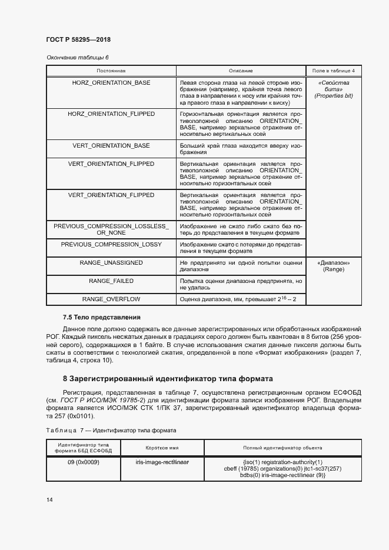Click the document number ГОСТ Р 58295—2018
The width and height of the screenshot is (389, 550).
[78, 39]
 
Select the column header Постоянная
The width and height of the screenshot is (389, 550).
[111, 71]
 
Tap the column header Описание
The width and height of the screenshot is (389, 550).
[241, 71]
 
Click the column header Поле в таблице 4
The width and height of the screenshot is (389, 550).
[333, 71]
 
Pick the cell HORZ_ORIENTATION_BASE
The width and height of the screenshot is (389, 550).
[111, 83]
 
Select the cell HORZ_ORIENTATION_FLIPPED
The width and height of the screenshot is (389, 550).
[111, 114]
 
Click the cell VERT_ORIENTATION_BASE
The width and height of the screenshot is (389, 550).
[111, 145]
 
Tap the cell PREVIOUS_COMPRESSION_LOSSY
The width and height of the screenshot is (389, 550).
[111, 244]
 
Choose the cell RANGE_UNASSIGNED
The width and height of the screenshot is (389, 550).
[111, 262]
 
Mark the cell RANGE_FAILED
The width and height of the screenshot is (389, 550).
[111, 281]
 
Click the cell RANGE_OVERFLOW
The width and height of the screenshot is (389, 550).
[111, 299]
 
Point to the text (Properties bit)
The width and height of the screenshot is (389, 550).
[333, 96]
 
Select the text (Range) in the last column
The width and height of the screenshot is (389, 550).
[333, 269]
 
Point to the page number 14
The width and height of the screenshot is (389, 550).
[49, 499]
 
